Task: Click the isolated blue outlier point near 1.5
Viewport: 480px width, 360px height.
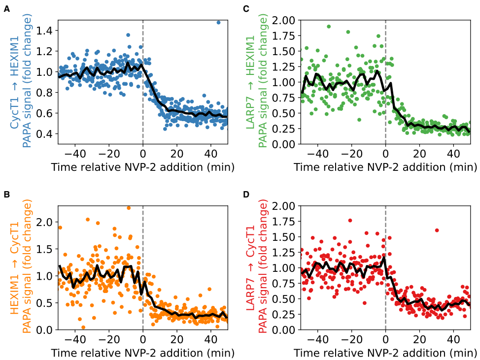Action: (x=218, y=23)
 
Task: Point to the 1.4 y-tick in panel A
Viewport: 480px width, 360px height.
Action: (x=44, y=31)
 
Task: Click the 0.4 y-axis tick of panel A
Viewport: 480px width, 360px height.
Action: (x=44, y=134)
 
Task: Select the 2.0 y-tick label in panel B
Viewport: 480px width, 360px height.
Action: (x=44, y=222)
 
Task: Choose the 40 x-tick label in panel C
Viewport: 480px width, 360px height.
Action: (x=453, y=153)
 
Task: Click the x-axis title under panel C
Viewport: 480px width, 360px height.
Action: (x=385, y=167)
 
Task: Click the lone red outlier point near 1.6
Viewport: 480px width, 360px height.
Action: (x=437, y=230)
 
